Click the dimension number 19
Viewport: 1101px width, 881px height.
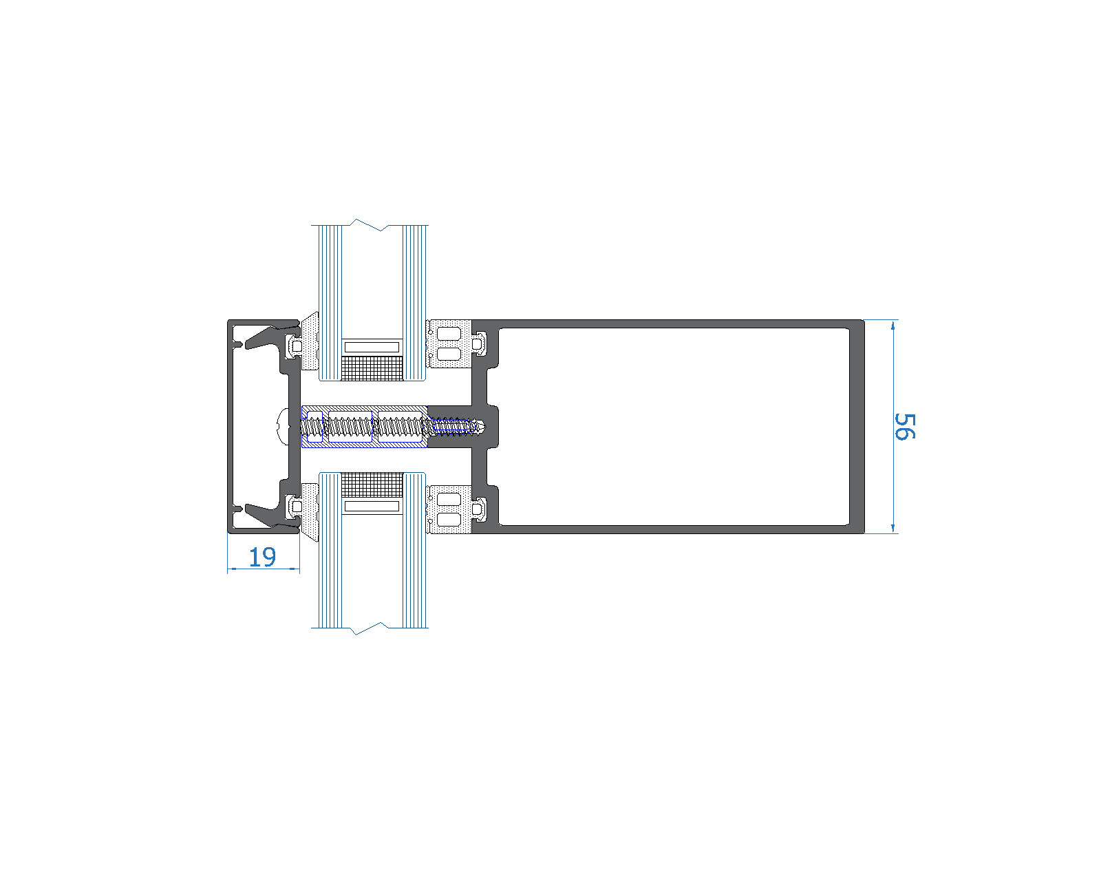[x=262, y=556]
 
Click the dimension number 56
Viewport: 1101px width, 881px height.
[x=904, y=426]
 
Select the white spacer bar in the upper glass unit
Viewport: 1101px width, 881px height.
[x=372, y=347]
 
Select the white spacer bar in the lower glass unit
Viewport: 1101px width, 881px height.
[x=372, y=507]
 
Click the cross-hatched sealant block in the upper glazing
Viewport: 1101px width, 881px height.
[x=372, y=368]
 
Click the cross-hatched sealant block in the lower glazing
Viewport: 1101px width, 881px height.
[x=372, y=485]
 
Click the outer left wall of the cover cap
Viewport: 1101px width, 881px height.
[x=231, y=426]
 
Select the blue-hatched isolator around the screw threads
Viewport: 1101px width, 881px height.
[x=365, y=445]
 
